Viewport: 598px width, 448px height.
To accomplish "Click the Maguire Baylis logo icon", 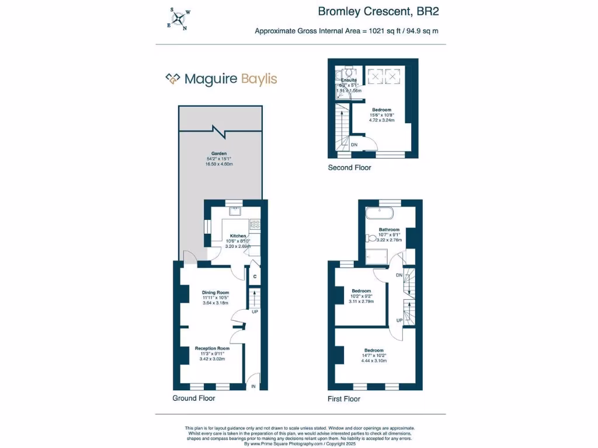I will (x=172, y=79).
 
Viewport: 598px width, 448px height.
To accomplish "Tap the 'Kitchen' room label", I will (x=238, y=236).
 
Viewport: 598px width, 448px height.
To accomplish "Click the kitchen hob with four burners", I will (x=255, y=223).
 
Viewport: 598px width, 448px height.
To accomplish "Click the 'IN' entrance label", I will (x=253, y=386).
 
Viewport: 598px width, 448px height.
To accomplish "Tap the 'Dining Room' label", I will (x=215, y=292).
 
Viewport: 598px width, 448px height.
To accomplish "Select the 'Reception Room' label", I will (x=212, y=348).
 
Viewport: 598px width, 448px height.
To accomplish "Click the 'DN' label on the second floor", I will (x=354, y=145).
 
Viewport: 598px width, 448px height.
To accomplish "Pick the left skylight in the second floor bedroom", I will (x=374, y=75).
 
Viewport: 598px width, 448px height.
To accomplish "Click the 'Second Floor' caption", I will (x=349, y=168).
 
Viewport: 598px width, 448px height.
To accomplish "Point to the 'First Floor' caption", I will (x=344, y=399).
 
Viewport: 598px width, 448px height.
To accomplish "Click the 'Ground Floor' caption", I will (x=194, y=398).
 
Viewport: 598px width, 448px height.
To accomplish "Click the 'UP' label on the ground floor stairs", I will (x=255, y=312).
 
